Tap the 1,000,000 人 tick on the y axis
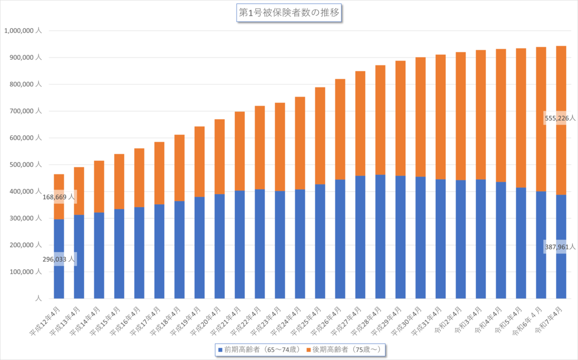(x=23, y=31)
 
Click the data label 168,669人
(x=58, y=197)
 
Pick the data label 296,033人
(x=58, y=260)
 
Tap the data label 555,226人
(x=560, y=118)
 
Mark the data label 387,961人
(x=560, y=247)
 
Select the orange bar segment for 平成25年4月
(x=320, y=136)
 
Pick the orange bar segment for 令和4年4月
(x=501, y=116)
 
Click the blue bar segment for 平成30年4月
(x=421, y=238)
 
